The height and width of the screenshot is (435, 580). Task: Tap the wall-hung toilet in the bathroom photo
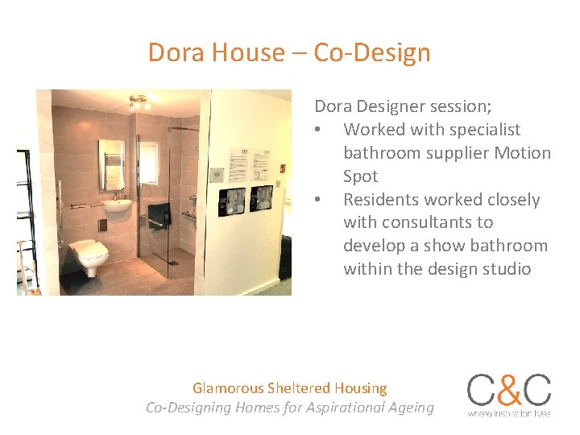tap(89, 255)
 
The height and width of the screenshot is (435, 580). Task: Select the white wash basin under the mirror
tap(118, 209)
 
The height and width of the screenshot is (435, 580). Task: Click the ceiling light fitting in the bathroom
tap(140, 102)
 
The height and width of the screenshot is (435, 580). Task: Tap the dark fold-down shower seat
tap(159, 215)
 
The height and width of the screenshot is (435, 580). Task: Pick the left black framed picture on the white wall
tap(234, 200)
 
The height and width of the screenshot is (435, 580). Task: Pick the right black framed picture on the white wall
tap(261, 198)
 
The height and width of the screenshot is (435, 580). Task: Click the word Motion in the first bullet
tap(523, 153)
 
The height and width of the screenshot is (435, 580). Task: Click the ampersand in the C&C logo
tap(509, 391)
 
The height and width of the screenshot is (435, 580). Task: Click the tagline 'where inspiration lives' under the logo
tap(509, 413)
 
